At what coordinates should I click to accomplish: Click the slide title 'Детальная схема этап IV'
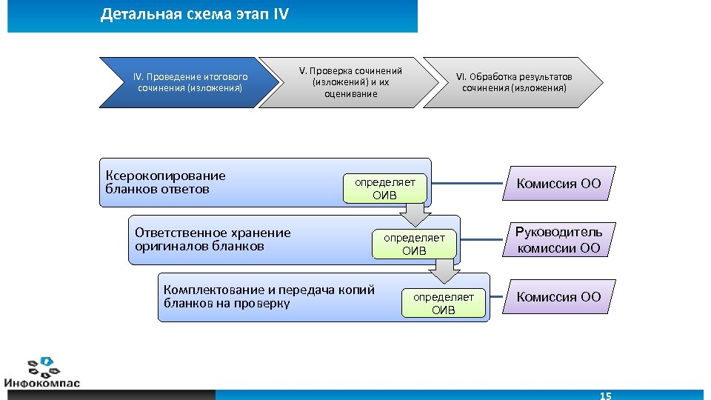pyautogui.click(x=195, y=15)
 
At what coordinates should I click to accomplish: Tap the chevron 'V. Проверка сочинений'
pyautogui.click(x=350, y=82)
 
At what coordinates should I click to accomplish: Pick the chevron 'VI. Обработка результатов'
pyautogui.click(x=514, y=82)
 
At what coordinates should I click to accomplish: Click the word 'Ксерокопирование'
pyautogui.click(x=166, y=176)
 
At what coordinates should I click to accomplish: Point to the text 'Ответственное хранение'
pyautogui.click(x=213, y=233)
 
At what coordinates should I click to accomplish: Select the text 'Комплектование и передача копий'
pyautogui.click(x=269, y=290)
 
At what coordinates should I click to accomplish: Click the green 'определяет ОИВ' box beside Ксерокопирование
pyautogui.click(x=385, y=188)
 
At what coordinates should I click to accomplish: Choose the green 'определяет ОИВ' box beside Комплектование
pyautogui.click(x=444, y=303)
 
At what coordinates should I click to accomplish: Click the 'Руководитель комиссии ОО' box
pyautogui.click(x=559, y=240)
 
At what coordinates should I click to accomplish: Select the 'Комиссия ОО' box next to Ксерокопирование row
pyautogui.click(x=559, y=184)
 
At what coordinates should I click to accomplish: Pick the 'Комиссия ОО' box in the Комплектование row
pyautogui.click(x=559, y=297)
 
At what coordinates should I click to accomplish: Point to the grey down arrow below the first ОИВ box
pyautogui.click(x=414, y=215)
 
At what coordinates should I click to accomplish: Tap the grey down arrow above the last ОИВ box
pyautogui.click(x=444, y=273)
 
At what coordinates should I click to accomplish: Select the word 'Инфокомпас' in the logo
pyautogui.click(x=43, y=382)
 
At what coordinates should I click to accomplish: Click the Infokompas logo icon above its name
pyautogui.click(x=43, y=365)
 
